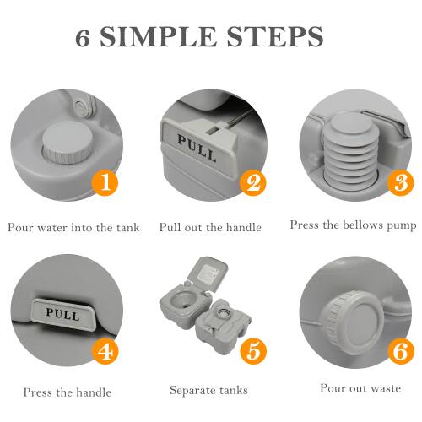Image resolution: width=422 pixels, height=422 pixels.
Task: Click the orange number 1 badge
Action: tap(104, 181)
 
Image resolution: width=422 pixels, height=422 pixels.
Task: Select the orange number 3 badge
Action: tap(400, 181)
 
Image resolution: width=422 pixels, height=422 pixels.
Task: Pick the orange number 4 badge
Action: tap(105, 351)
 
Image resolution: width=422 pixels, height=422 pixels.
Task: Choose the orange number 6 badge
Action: tap(399, 351)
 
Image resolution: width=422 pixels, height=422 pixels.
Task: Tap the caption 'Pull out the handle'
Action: tap(210, 227)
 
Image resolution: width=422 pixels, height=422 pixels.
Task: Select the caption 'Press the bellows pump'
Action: tap(353, 225)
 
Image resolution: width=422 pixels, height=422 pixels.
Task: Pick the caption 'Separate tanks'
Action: tap(209, 390)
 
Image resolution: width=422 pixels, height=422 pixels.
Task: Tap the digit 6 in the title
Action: tap(84, 37)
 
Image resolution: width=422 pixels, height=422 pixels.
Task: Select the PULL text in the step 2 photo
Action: tap(196, 145)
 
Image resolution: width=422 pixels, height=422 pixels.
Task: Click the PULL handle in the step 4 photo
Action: tap(63, 314)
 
